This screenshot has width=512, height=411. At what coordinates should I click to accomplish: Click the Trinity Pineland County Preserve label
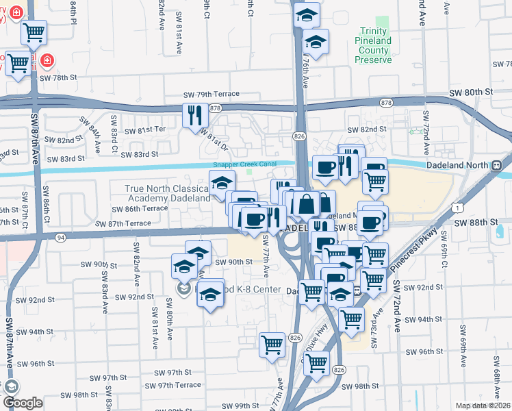click(x=373, y=45)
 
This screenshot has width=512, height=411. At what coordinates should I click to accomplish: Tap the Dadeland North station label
click(x=459, y=165)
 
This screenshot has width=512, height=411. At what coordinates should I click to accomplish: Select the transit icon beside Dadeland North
click(x=497, y=165)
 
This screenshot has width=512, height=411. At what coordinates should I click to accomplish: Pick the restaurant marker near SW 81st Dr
click(x=193, y=114)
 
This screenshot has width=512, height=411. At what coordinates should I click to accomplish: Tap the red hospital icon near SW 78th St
click(x=47, y=60)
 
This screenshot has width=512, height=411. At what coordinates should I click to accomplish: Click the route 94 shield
click(x=61, y=237)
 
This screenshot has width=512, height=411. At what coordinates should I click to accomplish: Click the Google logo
click(x=23, y=403)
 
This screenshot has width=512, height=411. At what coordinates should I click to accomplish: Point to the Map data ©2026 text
click(x=483, y=406)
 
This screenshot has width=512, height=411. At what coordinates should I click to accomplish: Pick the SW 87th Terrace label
click(x=123, y=223)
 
